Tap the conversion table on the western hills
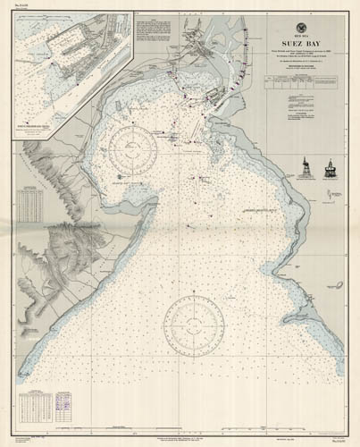(31, 204)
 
